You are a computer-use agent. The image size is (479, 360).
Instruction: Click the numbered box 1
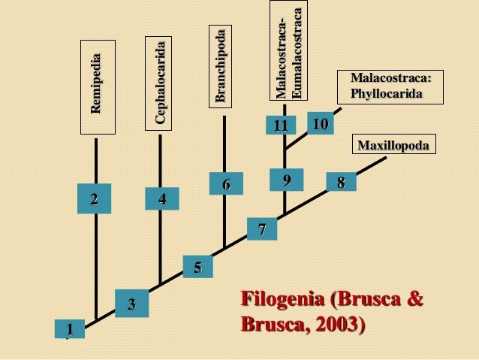(69, 329)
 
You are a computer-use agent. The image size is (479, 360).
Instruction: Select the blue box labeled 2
(94, 199)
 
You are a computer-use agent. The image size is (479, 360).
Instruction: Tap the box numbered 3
(131, 304)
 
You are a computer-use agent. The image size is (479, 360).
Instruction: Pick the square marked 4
(162, 199)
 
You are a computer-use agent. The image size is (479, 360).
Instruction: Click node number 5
(197, 267)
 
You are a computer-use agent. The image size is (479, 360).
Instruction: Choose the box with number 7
(262, 229)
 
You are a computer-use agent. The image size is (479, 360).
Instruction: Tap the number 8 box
(341, 182)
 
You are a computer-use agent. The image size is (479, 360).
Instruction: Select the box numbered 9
(286, 180)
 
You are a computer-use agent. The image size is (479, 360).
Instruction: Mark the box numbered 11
(281, 126)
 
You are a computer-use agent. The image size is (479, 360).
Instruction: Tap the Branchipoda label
(223, 66)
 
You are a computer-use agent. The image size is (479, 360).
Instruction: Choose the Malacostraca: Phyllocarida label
(390, 86)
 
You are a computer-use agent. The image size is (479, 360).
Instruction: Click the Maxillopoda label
(393, 145)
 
